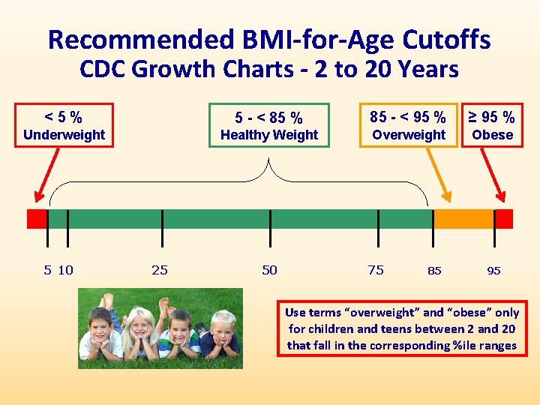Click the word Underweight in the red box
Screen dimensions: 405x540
(x=64, y=135)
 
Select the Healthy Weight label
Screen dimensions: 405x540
(x=269, y=135)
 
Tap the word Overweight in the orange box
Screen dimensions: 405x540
(x=409, y=135)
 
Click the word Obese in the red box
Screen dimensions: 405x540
(x=493, y=135)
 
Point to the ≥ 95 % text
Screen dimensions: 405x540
(x=492, y=117)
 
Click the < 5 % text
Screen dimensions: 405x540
(x=64, y=116)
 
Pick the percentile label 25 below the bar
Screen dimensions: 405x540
(x=160, y=270)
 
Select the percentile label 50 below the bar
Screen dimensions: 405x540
(x=269, y=270)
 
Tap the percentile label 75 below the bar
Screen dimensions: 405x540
(x=376, y=270)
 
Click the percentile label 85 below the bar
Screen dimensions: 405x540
(x=434, y=271)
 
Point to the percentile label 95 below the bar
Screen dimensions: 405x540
(x=493, y=271)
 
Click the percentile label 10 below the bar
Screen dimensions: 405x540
(x=66, y=270)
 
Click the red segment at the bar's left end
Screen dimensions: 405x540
(x=37, y=219)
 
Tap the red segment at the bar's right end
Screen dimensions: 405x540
(x=504, y=219)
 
